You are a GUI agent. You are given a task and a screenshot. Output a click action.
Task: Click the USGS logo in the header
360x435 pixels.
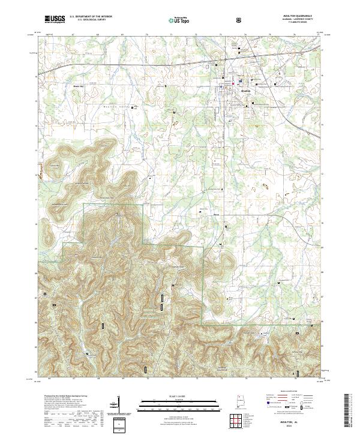[55, 19]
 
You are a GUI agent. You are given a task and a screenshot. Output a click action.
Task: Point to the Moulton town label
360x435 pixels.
[244, 91]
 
